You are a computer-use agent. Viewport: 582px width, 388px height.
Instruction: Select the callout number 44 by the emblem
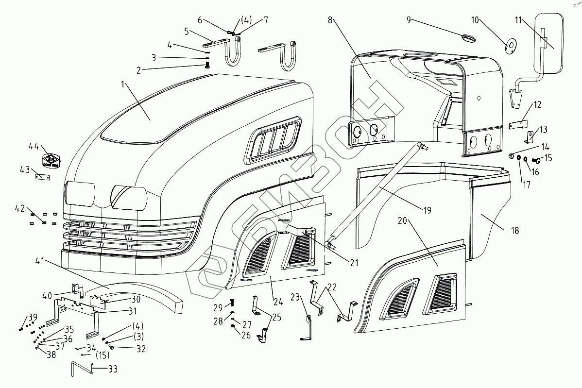coord(34,146)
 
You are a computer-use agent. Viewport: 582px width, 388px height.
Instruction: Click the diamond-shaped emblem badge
coord(51,160)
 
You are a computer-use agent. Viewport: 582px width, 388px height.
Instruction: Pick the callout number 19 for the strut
coord(427,210)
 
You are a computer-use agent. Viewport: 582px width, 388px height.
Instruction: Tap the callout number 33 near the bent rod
coord(113,369)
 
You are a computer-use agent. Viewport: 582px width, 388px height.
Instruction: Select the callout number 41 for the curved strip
coord(39,261)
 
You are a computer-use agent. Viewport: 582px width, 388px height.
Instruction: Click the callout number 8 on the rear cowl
coord(330,20)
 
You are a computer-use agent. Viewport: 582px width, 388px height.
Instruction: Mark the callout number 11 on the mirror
coord(518,20)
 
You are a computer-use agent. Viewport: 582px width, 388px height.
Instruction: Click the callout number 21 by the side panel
coord(354,263)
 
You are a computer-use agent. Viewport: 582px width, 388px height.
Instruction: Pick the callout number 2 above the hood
coord(138,70)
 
